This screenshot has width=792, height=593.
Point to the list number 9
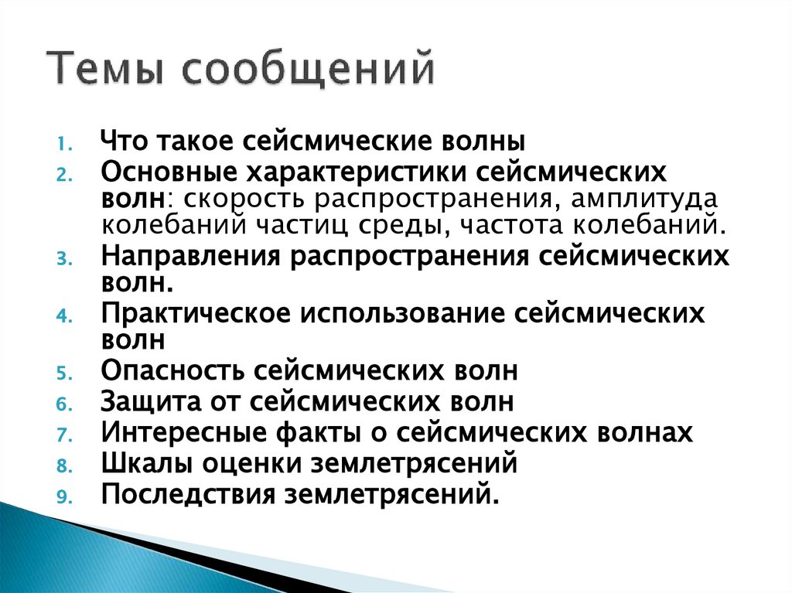(x=66, y=497)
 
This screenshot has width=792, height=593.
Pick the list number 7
(x=66, y=436)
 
